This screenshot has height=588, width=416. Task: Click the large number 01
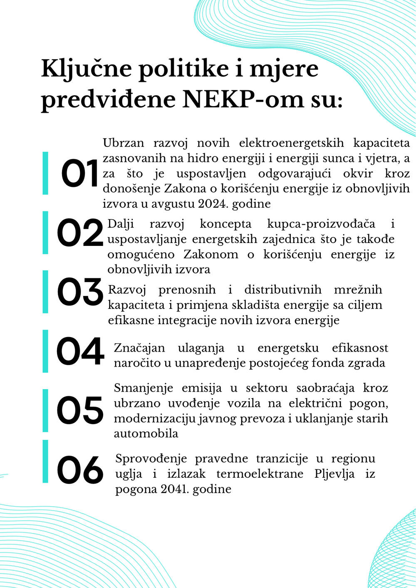tap(80, 174)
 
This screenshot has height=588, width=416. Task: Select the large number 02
tap(80, 233)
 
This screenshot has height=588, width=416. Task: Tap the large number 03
tap(80, 292)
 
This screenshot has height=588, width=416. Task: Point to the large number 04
tap(80, 351)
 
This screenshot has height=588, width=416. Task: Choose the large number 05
tap(80, 410)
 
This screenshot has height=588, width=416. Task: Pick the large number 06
tap(80, 470)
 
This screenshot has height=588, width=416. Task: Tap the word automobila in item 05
tap(146, 434)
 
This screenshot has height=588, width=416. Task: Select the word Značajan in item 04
tap(139, 348)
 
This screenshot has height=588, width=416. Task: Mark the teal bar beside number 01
tap(45, 173)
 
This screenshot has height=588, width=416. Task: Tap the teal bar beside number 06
tap(45, 461)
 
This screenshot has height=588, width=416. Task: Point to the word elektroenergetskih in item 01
tap(292, 143)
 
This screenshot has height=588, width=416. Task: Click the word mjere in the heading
tap(284, 69)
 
